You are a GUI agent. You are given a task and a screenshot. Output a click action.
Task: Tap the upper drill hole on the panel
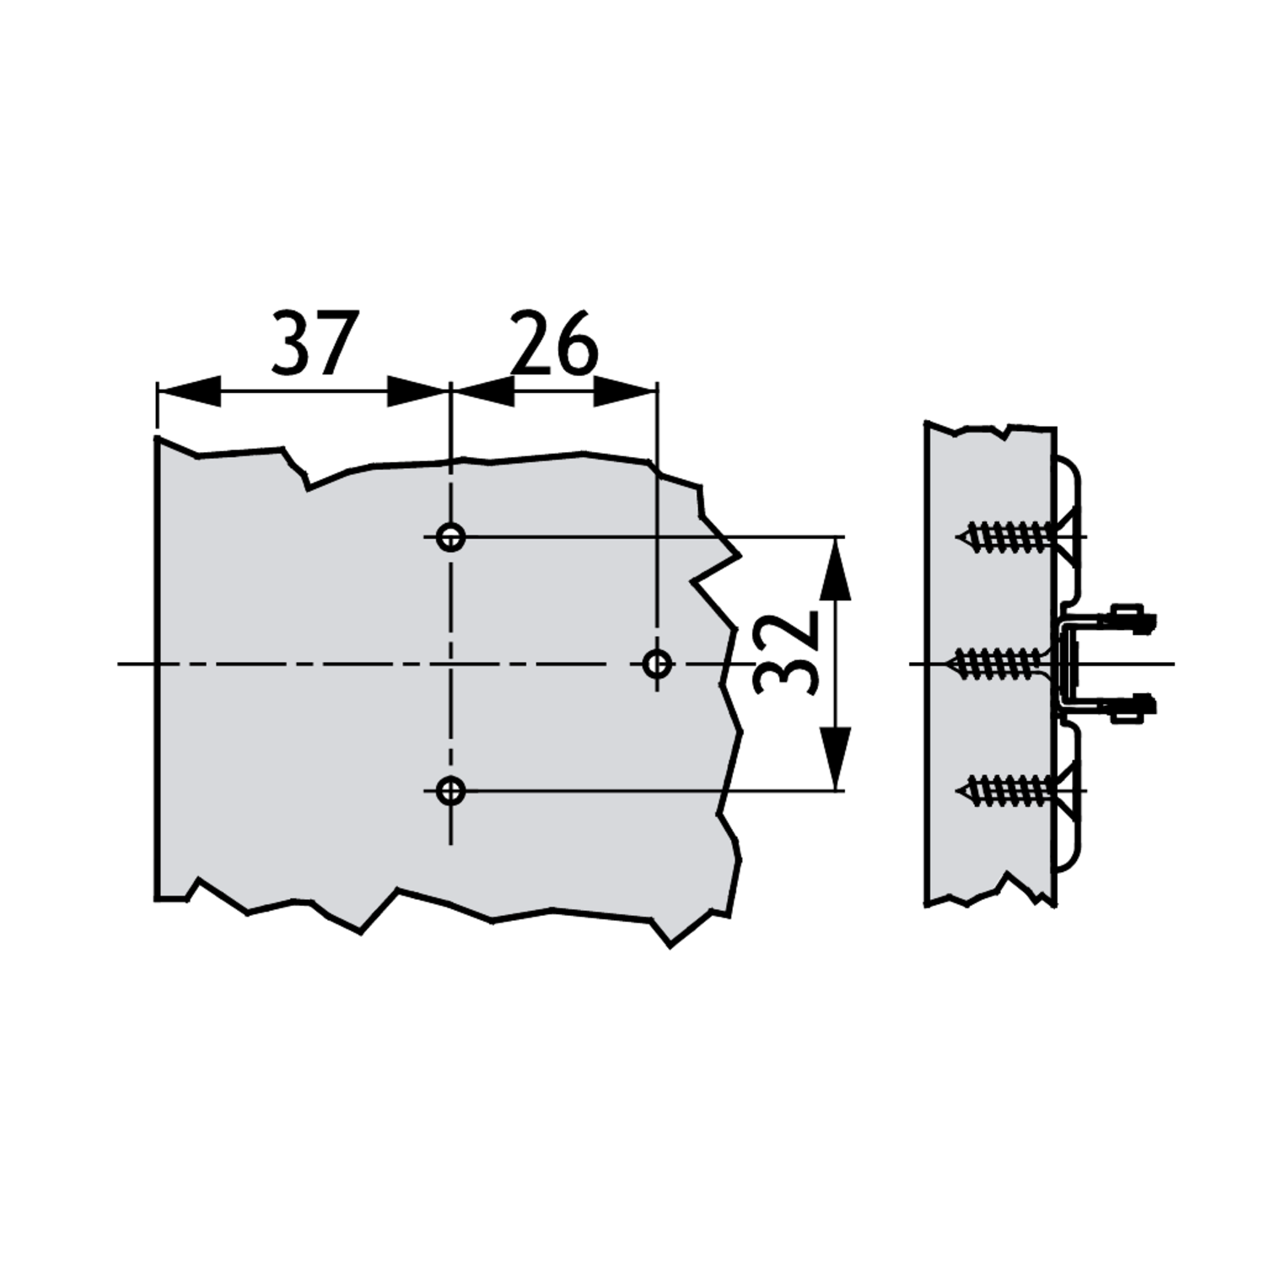click(x=451, y=536)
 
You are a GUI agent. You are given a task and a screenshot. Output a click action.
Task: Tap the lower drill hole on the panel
click(x=451, y=791)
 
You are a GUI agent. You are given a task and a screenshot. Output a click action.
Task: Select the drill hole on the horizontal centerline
click(x=658, y=664)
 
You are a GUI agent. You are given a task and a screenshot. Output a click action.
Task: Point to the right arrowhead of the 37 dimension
click(x=418, y=391)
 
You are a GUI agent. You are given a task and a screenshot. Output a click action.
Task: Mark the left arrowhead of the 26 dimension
click(x=483, y=391)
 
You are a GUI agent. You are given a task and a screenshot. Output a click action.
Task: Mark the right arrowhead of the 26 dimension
click(x=626, y=391)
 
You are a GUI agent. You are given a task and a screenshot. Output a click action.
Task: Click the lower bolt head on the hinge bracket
click(x=1133, y=707)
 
